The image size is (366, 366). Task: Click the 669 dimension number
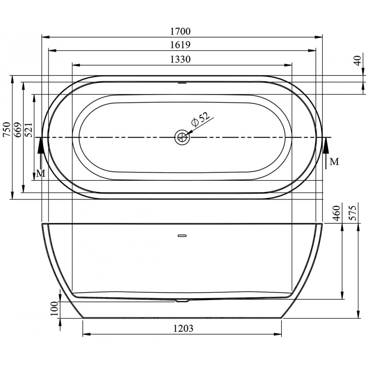(17, 130)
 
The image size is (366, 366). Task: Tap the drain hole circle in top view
(182, 137)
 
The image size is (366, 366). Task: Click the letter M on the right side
(334, 161)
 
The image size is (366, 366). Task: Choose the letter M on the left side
(41, 173)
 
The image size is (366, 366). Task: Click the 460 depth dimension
(337, 213)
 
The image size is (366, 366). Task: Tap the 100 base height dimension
(55, 309)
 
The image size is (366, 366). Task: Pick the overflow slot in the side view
(182, 235)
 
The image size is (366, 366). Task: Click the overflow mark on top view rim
(182, 83)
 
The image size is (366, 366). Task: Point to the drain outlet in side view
(182, 301)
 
